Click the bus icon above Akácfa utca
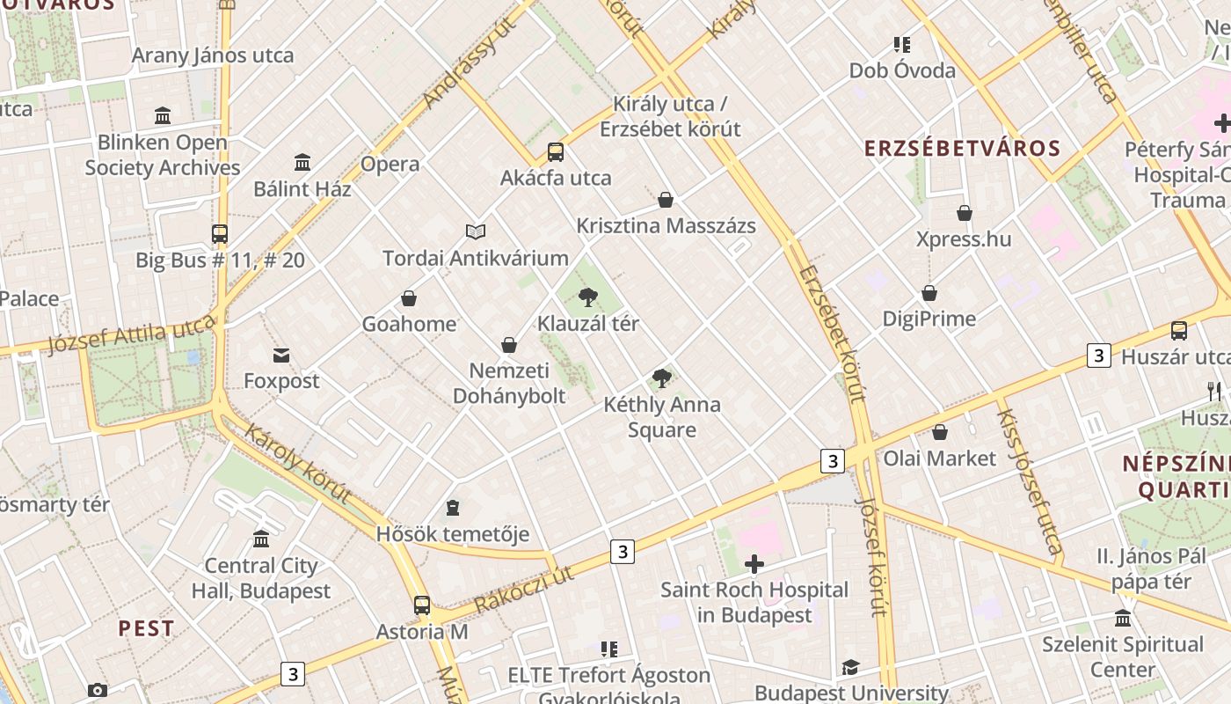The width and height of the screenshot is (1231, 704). pyautogui.click(x=556, y=151)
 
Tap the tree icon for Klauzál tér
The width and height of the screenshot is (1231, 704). pyautogui.click(x=588, y=297)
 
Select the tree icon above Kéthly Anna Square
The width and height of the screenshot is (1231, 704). pyautogui.click(x=662, y=379)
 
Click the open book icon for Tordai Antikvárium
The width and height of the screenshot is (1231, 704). pyautogui.click(x=476, y=231)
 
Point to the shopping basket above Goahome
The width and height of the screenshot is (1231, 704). pyautogui.click(x=409, y=298)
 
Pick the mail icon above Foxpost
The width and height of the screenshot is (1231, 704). pyautogui.click(x=281, y=356)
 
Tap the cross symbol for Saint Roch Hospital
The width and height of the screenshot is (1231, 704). pyautogui.click(x=754, y=564)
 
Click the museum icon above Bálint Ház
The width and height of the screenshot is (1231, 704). pyautogui.click(x=302, y=163)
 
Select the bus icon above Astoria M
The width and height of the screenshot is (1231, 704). pyautogui.click(x=422, y=605)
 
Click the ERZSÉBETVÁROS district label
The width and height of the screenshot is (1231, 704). pyautogui.click(x=963, y=148)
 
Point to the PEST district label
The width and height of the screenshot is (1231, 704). pyautogui.click(x=147, y=628)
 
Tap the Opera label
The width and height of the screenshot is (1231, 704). pyautogui.click(x=390, y=165)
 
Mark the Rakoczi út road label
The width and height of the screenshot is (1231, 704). pyautogui.click(x=524, y=590)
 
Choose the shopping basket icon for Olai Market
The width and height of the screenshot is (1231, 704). pyautogui.click(x=940, y=432)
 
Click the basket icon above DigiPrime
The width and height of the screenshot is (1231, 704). pyautogui.click(x=929, y=293)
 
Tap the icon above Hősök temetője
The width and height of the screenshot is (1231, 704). pyautogui.click(x=453, y=508)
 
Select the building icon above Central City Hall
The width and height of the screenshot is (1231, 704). pyautogui.click(x=261, y=539)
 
